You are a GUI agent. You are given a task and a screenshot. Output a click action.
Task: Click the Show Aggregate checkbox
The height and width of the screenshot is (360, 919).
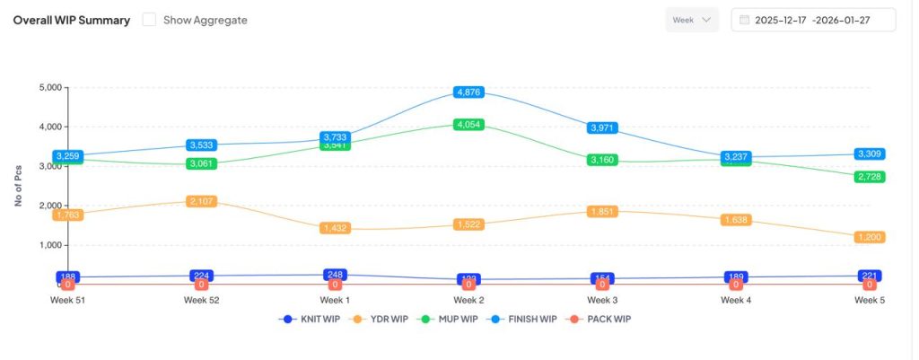point(150,20)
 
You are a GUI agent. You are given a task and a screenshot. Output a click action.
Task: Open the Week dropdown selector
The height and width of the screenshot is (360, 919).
point(692,20)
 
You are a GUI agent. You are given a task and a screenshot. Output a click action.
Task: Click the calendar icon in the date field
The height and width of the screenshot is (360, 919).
point(744,20)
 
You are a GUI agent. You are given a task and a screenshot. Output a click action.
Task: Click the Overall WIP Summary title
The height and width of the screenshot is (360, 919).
point(71,20)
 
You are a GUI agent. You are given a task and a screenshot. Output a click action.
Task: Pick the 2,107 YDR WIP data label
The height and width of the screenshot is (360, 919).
point(202,202)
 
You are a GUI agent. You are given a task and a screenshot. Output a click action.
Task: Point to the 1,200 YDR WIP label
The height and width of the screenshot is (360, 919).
point(870,237)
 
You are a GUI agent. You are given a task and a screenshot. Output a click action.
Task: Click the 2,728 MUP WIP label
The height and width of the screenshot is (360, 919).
point(870,177)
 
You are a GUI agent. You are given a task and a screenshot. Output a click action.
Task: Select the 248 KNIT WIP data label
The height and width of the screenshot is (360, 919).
point(336,274)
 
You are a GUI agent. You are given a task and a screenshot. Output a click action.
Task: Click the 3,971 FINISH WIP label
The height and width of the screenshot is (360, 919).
point(602,128)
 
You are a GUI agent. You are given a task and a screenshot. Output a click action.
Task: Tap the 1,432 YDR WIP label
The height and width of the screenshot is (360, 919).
point(336,229)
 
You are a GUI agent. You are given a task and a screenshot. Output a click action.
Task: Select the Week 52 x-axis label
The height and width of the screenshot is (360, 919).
point(202,301)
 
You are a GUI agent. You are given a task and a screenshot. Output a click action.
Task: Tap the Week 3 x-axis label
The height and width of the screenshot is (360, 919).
point(602,301)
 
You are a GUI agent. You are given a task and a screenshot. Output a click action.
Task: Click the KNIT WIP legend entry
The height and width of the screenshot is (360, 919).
point(311,319)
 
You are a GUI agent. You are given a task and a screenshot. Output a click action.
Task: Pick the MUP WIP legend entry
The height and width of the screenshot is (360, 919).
point(450,319)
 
